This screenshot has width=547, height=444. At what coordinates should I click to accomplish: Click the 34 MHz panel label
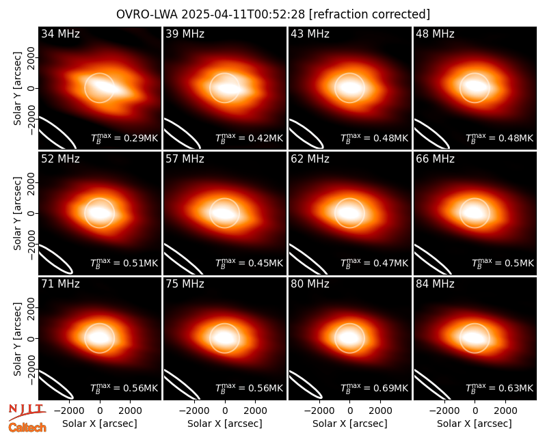60,33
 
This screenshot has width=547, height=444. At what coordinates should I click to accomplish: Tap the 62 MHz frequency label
310,159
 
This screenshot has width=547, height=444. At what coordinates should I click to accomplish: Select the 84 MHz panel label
435,284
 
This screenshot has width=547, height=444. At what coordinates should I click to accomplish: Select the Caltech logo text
27,428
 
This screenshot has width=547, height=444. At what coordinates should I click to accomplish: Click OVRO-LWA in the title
147,14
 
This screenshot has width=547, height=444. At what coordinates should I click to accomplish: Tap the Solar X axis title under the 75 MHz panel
225,424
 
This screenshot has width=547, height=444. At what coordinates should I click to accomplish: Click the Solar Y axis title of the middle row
17,213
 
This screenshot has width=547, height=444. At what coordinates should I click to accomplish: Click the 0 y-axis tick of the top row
31,88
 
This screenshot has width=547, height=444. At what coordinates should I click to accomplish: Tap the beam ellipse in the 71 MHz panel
56,385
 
